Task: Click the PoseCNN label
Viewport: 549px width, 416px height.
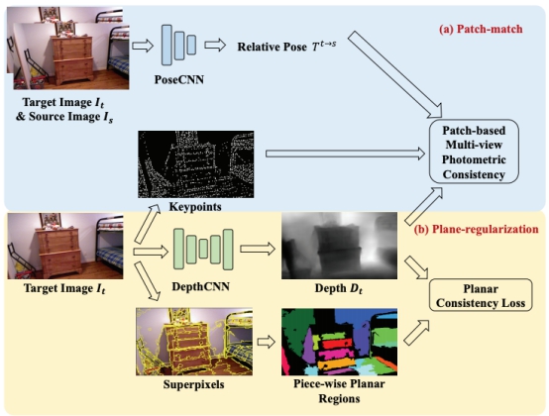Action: pyautogui.click(x=179, y=80)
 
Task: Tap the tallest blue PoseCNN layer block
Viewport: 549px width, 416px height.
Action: pyautogui.click(x=166, y=45)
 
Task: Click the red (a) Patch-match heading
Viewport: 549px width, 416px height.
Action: pyautogui.click(x=481, y=29)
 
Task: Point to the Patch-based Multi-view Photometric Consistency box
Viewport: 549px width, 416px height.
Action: pyautogui.click(x=474, y=152)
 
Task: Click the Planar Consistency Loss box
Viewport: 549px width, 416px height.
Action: pyautogui.click(x=481, y=295)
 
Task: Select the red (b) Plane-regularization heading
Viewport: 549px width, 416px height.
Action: pyautogui.click(x=476, y=229)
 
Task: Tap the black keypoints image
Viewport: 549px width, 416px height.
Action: pyautogui.click(x=196, y=164)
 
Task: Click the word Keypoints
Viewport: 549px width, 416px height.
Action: pyautogui.click(x=195, y=206)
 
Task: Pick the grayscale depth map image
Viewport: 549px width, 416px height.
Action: pyautogui.click(x=339, y=246)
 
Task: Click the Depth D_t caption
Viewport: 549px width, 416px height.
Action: pyautogui.click(x=339, y=288)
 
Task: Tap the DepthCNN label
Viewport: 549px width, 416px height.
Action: pyautogui.click(x=200, y=286)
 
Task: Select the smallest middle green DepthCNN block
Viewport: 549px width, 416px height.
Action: pyautogui.click(x=203, y=249)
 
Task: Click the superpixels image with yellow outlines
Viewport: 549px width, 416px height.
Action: pyautogui.click(x=194, y=342)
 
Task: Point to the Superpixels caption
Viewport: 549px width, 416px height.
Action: pyautogui.click(x=193, y=384)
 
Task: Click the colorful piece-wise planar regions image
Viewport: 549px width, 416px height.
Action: pyautogui.click(x=339, y=342)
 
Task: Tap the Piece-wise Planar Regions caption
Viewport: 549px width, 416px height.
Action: pyautogui.click(x=339, y=391)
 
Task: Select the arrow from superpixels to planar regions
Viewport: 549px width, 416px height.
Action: pyautogui.click(x=267, y=342)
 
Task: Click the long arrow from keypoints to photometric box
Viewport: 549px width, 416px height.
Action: pyautogui.click(x=345, y=154)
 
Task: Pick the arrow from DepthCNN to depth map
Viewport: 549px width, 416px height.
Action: pyautogui.click(x=258, y=249)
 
